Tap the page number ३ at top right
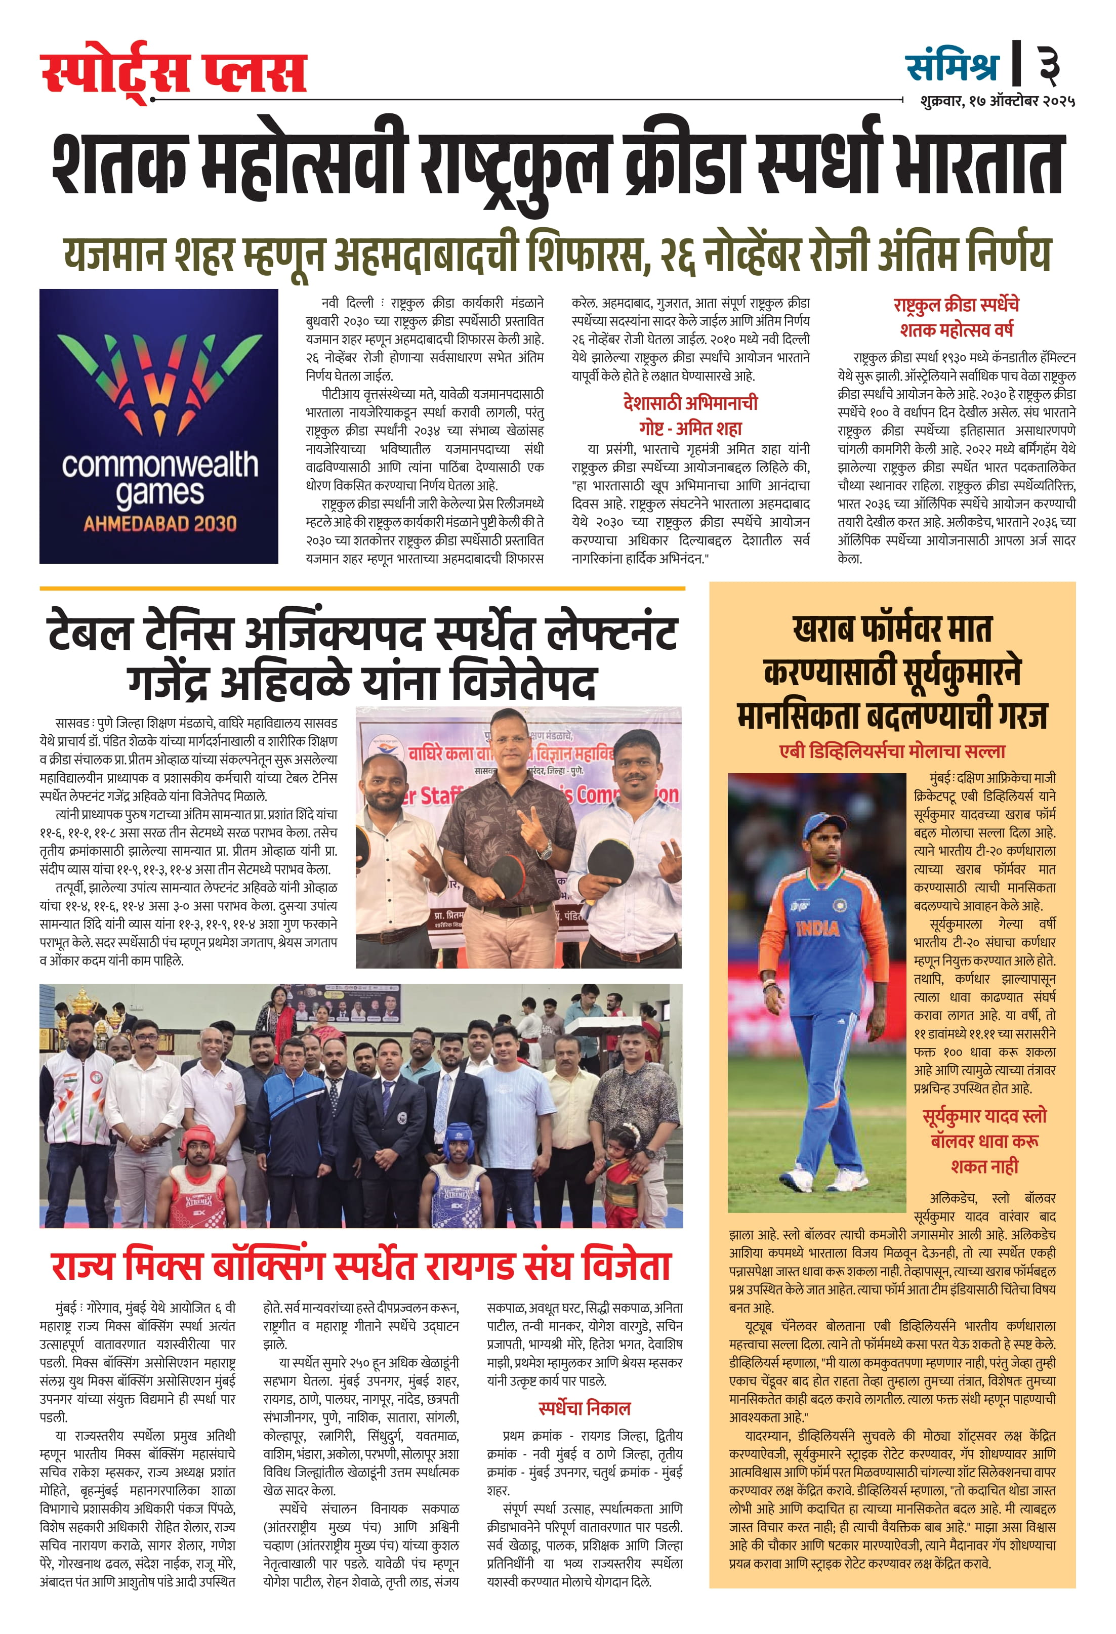tap(1049, 65)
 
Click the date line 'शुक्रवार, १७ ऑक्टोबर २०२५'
tap(997, 101)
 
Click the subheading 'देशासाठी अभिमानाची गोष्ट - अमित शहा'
tap(690, 415)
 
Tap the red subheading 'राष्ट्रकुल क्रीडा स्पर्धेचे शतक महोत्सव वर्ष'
tap(956, 317)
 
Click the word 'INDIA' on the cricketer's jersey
tap(818, 929)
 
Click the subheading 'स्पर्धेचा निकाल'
tap(584, 1408)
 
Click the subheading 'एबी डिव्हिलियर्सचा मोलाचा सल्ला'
tap(892, 751)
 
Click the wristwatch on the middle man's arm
tap(545, 852)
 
